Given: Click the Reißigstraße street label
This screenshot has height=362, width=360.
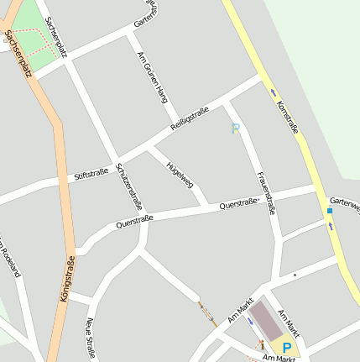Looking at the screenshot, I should click(190, 118).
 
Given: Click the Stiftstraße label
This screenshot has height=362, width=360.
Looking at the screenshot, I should click(91, 173).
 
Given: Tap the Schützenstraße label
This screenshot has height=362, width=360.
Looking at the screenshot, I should click(129, 186).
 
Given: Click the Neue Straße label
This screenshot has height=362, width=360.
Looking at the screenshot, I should click(91, 337).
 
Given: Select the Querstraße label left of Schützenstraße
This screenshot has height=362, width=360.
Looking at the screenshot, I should click(134, 222).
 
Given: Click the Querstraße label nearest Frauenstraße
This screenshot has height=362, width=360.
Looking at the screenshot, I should click(237, 203).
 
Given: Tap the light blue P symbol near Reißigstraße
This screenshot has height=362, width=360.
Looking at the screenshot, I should click(236, 129).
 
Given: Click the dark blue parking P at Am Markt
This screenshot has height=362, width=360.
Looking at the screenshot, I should click(287, 347).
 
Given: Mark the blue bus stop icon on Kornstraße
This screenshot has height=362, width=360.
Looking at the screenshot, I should click(330, 211).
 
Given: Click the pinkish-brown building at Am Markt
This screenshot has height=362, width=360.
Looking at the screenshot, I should click(267, 321).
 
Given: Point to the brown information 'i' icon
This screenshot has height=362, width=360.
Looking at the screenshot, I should click(263, 344).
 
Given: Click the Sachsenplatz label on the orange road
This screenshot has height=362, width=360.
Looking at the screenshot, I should click(18, 54).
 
